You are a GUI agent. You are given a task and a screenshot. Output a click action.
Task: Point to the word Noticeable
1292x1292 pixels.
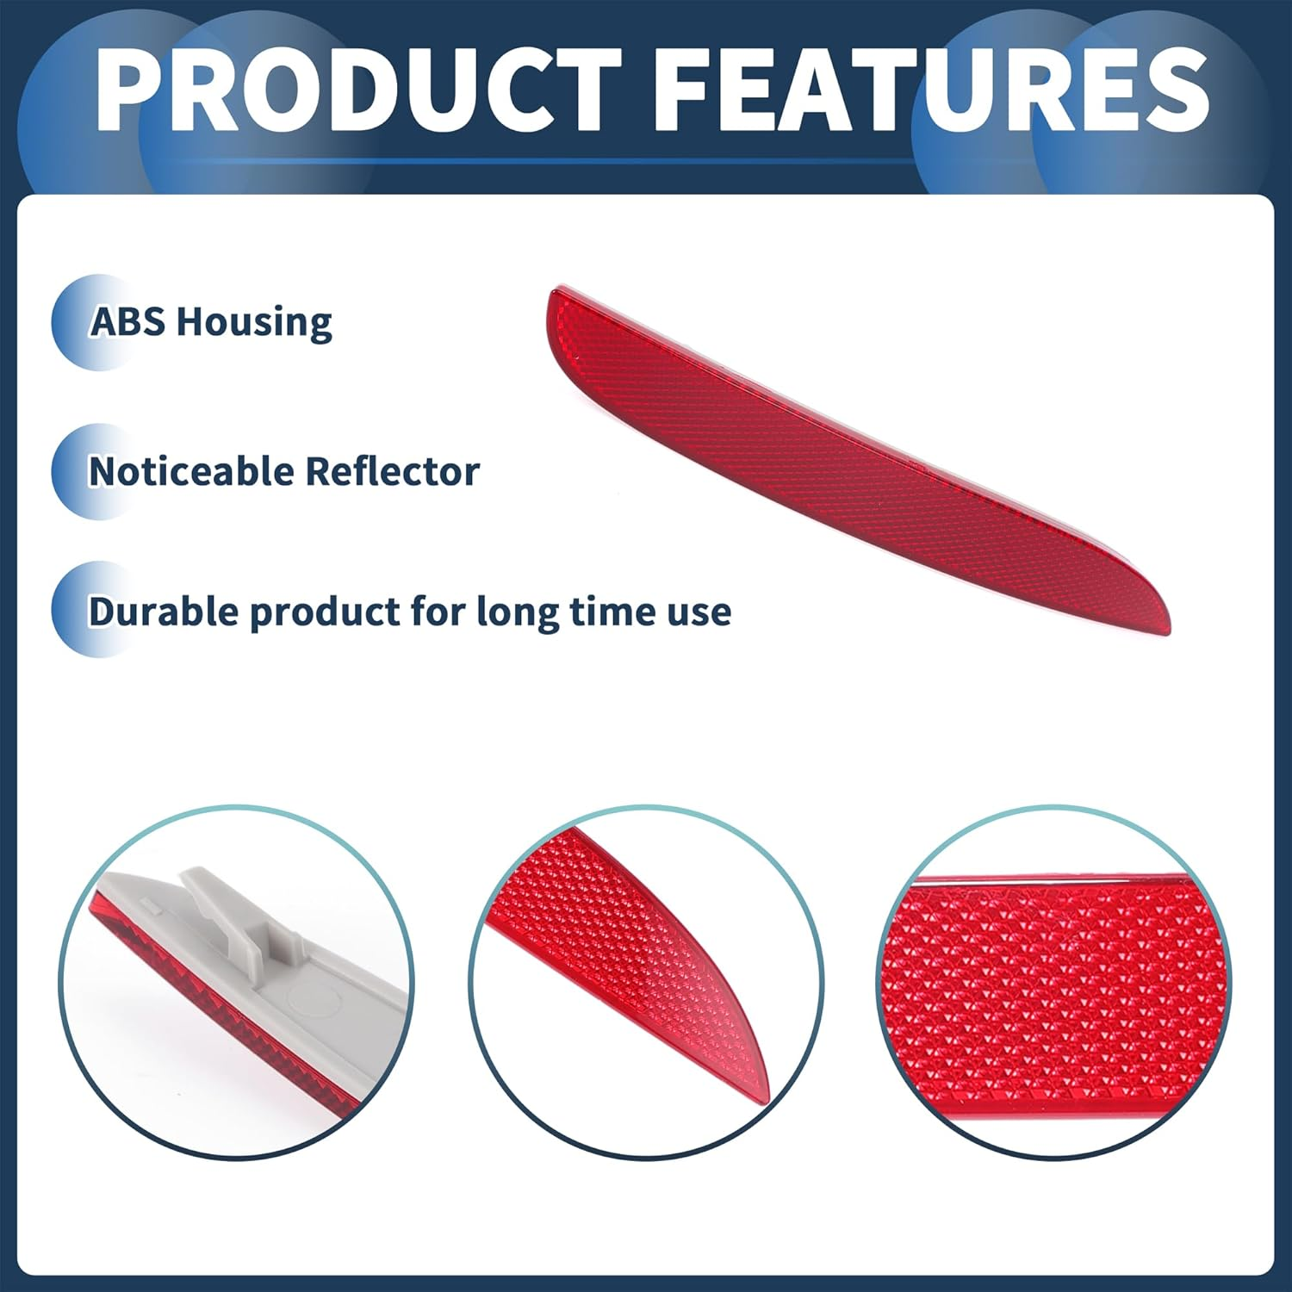pos(191,472)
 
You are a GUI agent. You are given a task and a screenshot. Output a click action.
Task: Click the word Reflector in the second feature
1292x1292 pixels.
pos(392,472)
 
